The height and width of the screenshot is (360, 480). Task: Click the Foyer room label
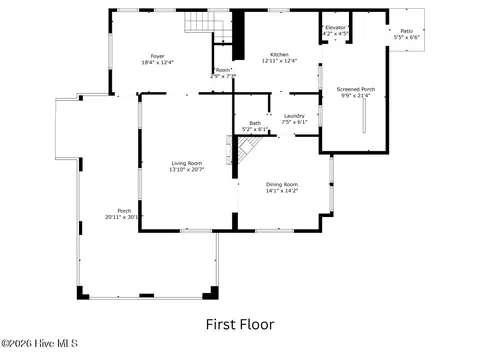pyautogui.click(x=157, y=56)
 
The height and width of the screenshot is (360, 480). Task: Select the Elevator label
pyautogui.click(x=335, y=27)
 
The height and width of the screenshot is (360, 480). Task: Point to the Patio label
pyautogui.click(x=406, y=31)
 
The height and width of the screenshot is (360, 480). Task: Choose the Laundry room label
pyautogui.click(x=294, y=116)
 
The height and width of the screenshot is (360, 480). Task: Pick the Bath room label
pyautogui.click(x=256, y=123)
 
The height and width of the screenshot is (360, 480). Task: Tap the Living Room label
pyautogui.click(x=187, y=163)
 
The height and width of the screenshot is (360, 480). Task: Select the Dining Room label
pyautogui.click(x=282, y=184)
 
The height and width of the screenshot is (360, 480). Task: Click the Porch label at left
pyautogui.click(x=125, y=210)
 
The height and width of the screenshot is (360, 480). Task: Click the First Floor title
pyautogui.click(x=240, y=324)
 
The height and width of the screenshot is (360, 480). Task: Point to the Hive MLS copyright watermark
pyautogui.click(x=31, y=347)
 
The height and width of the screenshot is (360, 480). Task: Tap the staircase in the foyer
pyautogui.click(x=204, y=23)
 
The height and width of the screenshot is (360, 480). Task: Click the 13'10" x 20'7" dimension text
pyautogui.click(x=187, y=170)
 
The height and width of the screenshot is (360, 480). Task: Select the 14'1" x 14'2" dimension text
pyautogui.click(x=282, y=191)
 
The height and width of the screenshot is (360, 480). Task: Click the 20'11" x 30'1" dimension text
pyautogui.click(x=125, y=217)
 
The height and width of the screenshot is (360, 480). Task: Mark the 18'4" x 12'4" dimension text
pyautogui.click(x=157, y=62)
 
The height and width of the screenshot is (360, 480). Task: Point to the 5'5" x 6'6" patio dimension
pyautogui.click(x=406, y=37)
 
